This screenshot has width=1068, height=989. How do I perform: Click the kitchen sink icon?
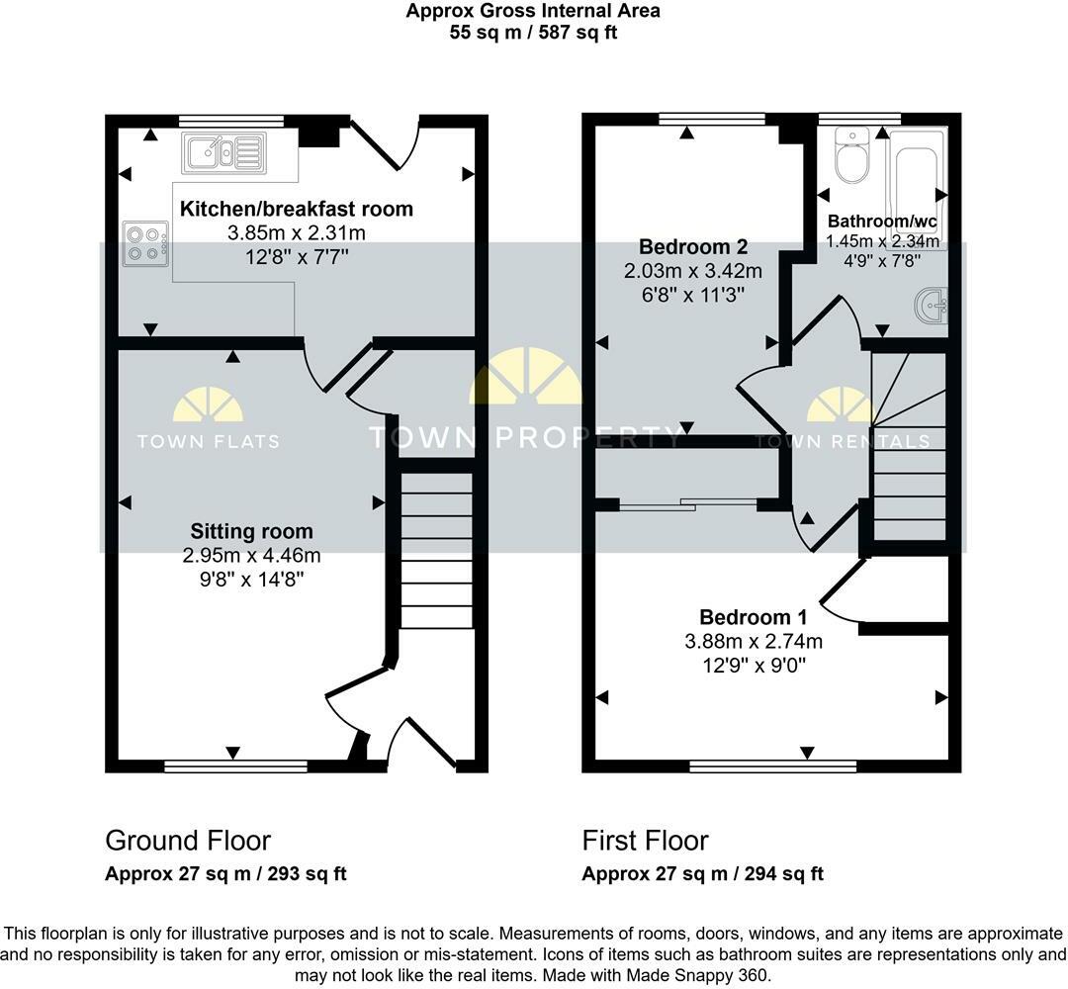[222, 153]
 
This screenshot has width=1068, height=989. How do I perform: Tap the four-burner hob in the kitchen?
[144, 243]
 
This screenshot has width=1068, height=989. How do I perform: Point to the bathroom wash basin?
[934, 305]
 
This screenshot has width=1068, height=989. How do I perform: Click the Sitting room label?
[251, 532]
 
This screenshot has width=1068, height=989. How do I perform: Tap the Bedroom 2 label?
[692, 246]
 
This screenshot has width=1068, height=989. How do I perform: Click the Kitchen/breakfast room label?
[296, 209]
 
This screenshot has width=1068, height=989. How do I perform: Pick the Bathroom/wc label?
[882, 221]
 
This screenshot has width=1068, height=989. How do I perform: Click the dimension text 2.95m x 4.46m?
[251, 556]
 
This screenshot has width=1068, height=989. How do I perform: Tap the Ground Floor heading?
[188, 841]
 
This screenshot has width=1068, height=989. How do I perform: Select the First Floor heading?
[645, 841]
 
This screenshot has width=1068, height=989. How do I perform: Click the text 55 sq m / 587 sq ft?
[533, 32]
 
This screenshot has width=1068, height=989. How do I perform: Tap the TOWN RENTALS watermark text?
[843, 441]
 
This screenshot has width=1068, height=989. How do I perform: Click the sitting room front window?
[235, 764]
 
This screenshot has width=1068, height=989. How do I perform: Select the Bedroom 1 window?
[772, 764]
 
